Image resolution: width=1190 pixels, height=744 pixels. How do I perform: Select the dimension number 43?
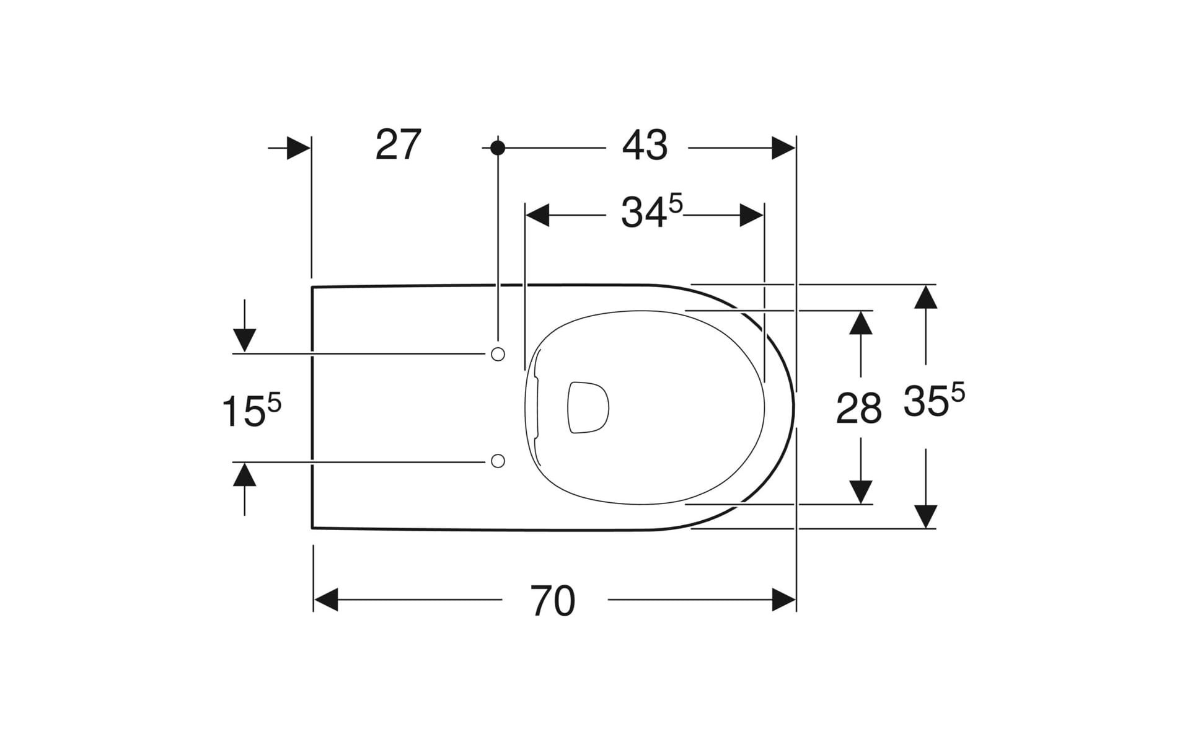[645, 146]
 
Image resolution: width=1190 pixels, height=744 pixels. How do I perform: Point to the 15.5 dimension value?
[252, 410]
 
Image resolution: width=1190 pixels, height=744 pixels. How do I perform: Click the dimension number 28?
[859, 409]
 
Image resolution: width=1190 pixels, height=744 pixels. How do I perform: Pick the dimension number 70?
[553, 601]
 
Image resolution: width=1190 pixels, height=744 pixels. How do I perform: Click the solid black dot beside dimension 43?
[498, 148]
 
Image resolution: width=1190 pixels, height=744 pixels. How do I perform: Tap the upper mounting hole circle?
[498, 354]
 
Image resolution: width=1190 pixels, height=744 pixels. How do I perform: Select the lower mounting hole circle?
[498, 461]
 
